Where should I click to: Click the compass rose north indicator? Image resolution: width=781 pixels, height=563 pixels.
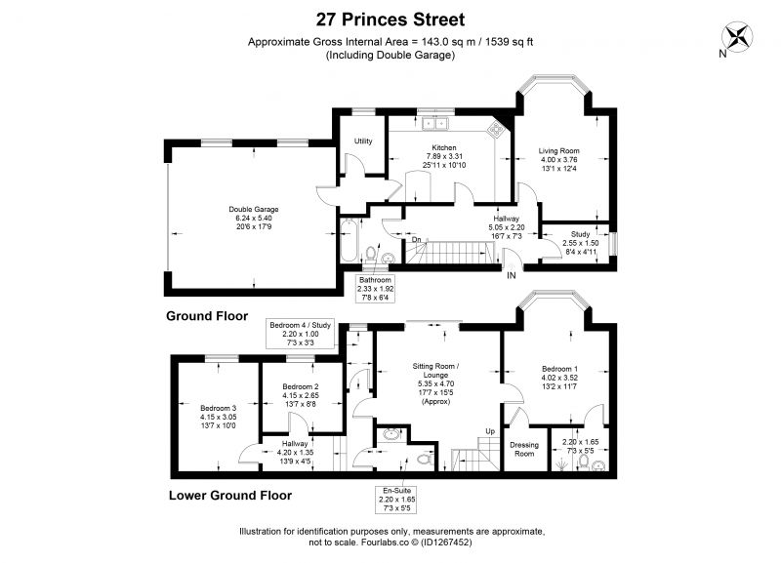737,38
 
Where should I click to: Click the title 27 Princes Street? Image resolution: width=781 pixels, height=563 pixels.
390,20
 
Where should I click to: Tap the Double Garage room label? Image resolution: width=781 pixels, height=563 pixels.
254,210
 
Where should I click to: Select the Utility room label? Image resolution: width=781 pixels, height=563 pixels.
363,141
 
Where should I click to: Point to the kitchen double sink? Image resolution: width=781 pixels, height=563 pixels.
435,123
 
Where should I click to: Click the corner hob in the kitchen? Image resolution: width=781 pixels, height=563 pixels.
496,130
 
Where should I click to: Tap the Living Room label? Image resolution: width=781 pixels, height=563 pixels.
558,151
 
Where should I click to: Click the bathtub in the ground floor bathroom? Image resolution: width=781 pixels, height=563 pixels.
349,240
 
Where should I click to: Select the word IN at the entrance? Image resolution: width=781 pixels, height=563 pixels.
511,276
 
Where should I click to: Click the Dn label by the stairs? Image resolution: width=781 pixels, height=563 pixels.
417,240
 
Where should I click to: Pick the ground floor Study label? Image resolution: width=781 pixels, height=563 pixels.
580,234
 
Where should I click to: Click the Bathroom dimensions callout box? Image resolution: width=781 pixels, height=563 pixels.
376,289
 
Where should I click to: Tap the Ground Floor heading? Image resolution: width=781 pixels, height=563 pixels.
207,316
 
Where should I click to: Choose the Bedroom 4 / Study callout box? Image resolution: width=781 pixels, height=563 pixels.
301,334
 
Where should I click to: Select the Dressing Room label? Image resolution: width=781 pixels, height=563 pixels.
524,449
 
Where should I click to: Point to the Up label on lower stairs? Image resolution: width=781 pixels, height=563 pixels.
490,431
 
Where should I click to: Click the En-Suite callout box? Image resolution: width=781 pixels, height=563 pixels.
396,500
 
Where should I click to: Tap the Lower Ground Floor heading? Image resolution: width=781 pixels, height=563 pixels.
230,496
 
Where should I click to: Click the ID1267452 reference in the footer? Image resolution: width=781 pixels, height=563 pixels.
446,543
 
